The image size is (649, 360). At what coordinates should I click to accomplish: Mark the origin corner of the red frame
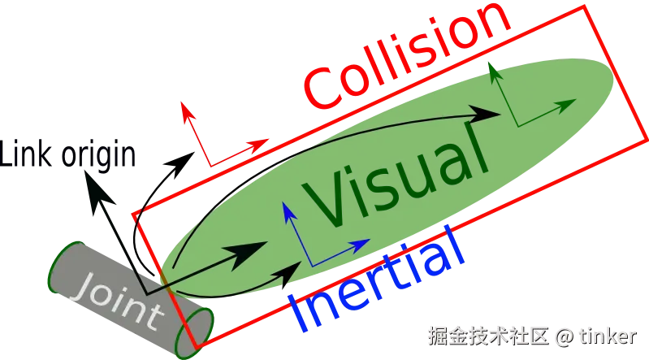tap(210, 166)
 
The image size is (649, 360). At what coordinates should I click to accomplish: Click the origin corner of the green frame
tap(515, 124)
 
